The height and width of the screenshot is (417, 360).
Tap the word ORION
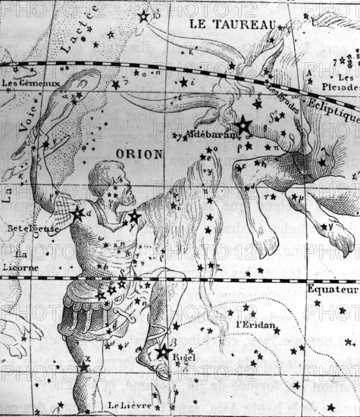[139, 154]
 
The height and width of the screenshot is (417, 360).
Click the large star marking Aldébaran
[243, 125]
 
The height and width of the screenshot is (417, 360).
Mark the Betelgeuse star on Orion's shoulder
[77, 214]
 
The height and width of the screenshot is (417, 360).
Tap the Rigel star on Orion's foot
[163, 350]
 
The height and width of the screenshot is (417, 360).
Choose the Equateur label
[332, 290]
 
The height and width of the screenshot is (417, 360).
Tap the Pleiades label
[346, 83]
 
